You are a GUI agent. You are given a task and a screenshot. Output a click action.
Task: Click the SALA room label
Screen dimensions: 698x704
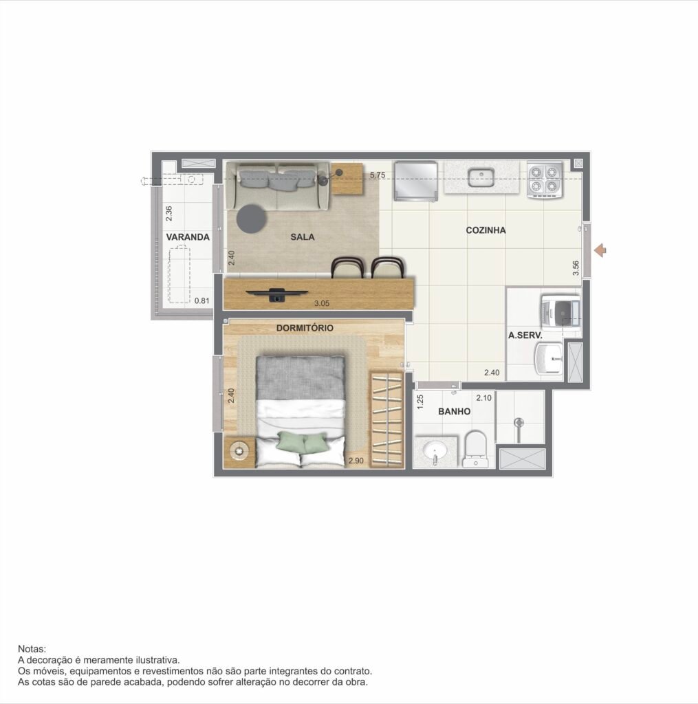click(x=303, y=236)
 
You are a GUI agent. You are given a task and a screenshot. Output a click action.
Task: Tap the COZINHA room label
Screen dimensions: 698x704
click(x=486, y=230)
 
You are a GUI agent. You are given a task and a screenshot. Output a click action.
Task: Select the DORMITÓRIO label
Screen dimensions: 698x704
click(x=305, y=328)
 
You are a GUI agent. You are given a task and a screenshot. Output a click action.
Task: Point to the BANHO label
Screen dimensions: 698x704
click(x=454, y=411)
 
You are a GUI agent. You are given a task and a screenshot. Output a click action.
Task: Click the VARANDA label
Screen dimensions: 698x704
click(x=188, y=237)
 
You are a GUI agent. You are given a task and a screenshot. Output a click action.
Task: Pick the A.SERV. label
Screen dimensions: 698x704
click(x=525, y=335)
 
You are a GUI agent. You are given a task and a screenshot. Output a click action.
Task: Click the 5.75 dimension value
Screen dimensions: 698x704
click(x=378, y=175)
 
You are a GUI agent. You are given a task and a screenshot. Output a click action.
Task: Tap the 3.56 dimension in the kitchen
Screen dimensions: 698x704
click(x=576, y=268)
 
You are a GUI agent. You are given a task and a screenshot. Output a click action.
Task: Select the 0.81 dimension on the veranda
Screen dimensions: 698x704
click(x=201, y=301)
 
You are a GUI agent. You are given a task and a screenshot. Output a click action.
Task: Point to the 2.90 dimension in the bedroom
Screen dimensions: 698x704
click(x=356, y=461)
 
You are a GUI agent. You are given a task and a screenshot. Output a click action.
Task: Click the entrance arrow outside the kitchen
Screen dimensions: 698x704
click(x=600, y=250)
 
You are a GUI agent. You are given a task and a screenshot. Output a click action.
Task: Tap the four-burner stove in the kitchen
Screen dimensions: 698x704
click(x=545, y=179)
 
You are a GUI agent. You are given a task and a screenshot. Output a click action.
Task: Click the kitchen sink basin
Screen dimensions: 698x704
click(x=481, y=177)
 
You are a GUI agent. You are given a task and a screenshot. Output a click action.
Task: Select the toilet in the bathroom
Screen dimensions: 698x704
click(x=475, y=449)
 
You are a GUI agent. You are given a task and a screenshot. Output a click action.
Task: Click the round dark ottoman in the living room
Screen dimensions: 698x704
click(x=252, y=218)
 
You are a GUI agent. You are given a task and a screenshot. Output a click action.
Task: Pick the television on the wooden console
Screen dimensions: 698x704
click(x=276, y=295)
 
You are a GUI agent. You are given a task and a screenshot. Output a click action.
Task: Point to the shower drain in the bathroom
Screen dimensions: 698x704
click(x=519, y=422)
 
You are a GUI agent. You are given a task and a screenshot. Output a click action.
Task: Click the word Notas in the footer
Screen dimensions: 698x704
click(x=32, y=649)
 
